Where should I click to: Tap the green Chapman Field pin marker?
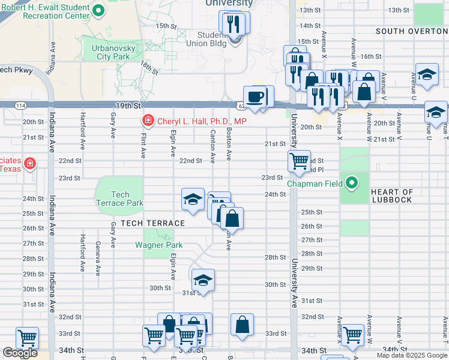pyautogui.click(x=352, y=183)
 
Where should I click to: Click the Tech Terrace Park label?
pyautogui.click(x=120, y=199)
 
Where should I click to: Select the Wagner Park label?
pyautogui.click(x=158, y=245)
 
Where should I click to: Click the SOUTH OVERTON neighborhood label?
pyautogui.click(x=411, y=31)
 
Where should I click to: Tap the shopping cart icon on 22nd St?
pyautogui.click(x=298, y=161)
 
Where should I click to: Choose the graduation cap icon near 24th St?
pyautogui.click(x=193, y=199)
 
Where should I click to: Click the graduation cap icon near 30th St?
pyautogui.click(x=203, y=280)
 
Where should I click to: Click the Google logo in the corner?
pyautogui.click(x=20, y=353)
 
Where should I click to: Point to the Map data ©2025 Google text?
pyautogui.click(x=411, y=355)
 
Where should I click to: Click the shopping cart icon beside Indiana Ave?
pyautogui.click(x=27, y=338)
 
